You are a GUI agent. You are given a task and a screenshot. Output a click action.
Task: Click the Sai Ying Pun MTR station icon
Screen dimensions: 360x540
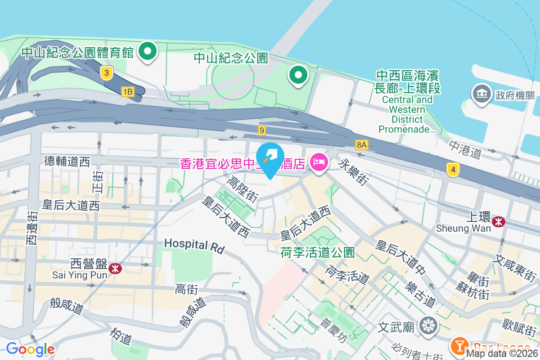point(116,269)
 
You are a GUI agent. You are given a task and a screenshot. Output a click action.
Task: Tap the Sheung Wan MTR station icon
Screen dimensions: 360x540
point(498,221)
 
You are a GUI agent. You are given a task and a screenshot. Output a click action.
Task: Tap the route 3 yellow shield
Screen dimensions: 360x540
point(106,73)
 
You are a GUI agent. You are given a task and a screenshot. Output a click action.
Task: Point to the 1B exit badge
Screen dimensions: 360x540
point(128,92)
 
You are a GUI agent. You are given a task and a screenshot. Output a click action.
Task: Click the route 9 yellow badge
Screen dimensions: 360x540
point(262,130)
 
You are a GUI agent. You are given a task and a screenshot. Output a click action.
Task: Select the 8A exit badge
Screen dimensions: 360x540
point(362,144)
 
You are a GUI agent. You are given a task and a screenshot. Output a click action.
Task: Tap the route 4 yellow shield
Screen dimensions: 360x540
point(453,170)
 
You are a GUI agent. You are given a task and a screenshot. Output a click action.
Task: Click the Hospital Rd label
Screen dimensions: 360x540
point(193,245)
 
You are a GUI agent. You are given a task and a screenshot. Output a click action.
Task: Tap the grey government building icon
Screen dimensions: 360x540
point(481,94)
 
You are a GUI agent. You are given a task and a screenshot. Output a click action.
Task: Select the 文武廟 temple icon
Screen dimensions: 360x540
point(427,326)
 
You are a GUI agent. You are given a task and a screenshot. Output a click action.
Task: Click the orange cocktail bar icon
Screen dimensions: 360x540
point(459,346)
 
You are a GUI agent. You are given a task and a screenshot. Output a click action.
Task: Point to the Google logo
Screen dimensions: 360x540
point(30,349)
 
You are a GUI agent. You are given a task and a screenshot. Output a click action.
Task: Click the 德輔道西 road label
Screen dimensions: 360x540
point(67,161)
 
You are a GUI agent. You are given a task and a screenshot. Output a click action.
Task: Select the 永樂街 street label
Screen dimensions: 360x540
point(354,171)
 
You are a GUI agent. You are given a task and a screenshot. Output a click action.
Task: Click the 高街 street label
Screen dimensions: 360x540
point(187,289)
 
